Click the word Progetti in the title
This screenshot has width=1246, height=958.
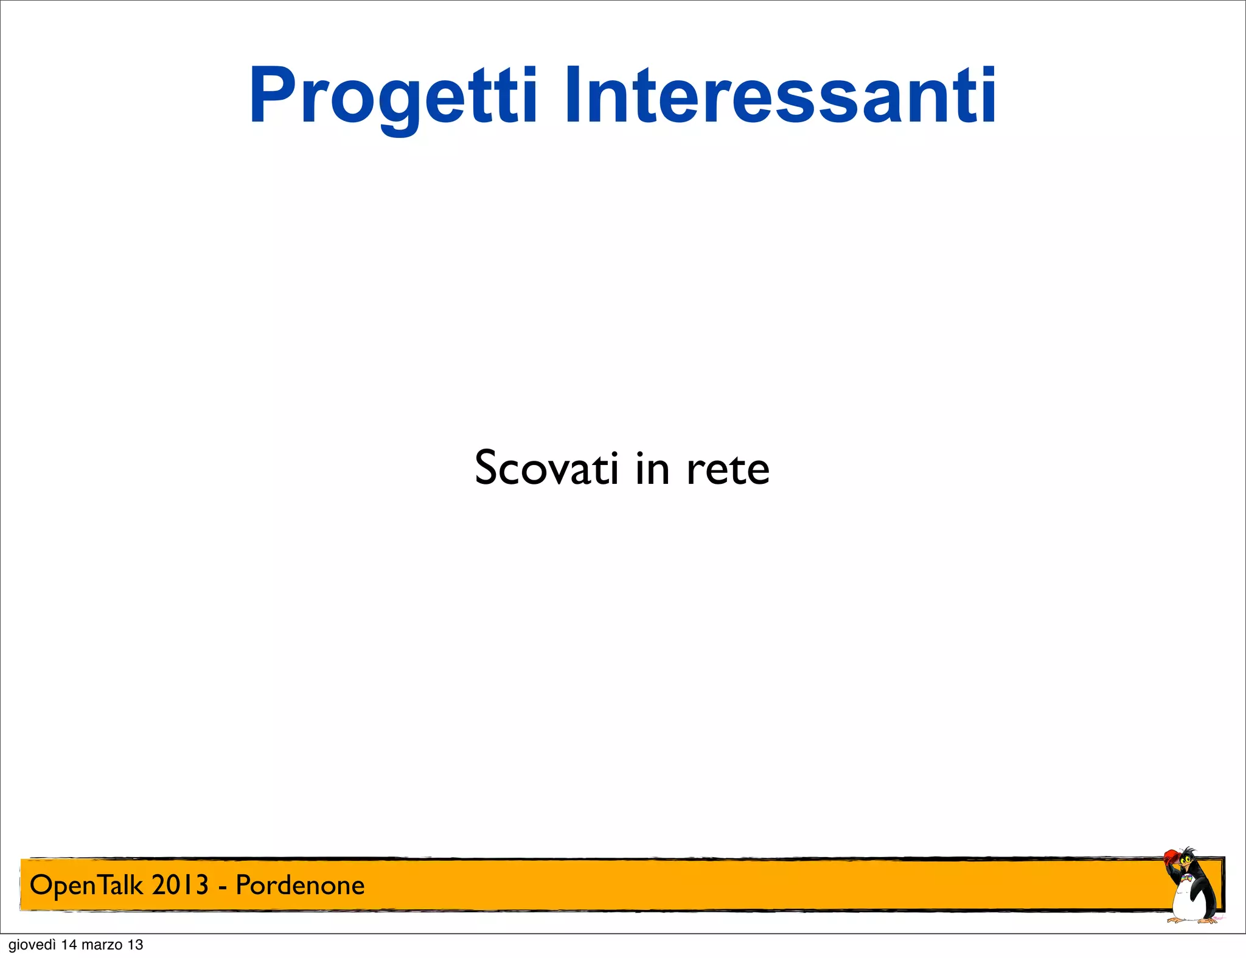393,97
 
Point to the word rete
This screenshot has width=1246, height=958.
728,469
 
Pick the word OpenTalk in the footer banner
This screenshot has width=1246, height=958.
88,885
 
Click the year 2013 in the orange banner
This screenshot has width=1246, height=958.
180,885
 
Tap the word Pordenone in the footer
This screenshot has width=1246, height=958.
300,885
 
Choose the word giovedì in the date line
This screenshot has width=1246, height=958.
32,945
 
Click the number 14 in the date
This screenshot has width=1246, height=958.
69,945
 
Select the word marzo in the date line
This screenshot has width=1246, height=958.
102,945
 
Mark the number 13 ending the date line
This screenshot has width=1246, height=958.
136,945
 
